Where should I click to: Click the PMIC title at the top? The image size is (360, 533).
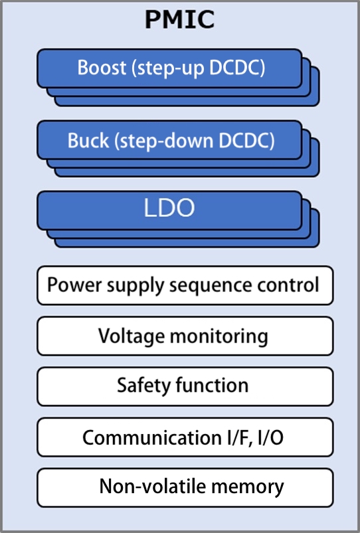[179, 20]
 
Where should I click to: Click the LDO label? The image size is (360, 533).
[169, 208]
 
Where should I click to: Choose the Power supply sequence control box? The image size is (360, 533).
[185, 286]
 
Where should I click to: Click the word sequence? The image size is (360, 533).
[205, 286]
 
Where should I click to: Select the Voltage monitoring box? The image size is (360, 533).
[185, 337]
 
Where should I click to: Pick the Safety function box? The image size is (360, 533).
[185, 386]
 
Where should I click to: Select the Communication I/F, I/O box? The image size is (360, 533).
[185, 437]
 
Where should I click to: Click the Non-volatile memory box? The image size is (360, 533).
[185, 487]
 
